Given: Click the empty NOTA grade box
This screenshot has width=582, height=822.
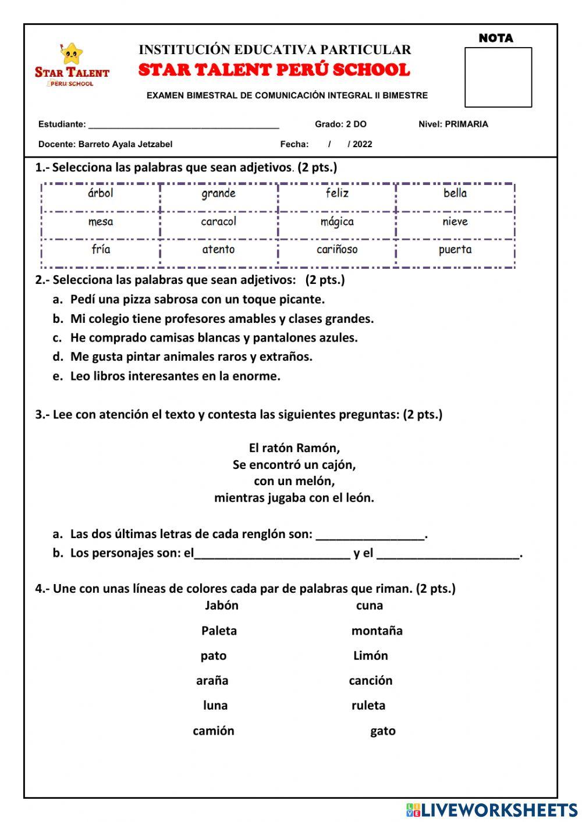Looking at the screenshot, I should click(x=498, y=77).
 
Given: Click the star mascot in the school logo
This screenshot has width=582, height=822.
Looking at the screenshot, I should click(x=71, y=55).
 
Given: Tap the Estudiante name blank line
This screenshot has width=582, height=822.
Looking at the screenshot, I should click(x=183, y=124).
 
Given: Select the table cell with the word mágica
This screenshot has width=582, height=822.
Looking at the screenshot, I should click(x=337, y=222).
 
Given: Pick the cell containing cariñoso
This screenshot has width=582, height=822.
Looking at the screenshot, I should click(x=337, y=250).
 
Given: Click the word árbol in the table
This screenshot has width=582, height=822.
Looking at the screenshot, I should click(x=100, y=193).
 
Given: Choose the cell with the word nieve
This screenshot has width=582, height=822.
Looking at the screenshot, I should click(x=455, y=222).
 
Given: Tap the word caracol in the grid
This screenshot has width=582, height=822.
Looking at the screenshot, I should click(x=218, y=222).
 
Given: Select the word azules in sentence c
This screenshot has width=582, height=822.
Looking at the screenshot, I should click(x=337, y=338).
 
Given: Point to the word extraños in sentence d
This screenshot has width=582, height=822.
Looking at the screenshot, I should click(x=286, y=357).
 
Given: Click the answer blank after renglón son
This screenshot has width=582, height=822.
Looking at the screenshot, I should click(x=371, y=535).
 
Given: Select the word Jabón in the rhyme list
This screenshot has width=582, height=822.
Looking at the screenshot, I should click(x=221, y=606).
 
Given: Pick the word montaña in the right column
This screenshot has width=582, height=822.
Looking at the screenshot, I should click(x=377, y=631).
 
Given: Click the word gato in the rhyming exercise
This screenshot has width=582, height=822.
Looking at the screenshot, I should click(x=382, y=731).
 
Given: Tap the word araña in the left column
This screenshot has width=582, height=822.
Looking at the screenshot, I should click(x=212, y=681).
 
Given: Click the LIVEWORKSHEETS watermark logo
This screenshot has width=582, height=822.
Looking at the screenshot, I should click(x=492, y=810).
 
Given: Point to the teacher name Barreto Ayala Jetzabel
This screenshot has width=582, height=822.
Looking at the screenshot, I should click(x=125, y=144).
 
